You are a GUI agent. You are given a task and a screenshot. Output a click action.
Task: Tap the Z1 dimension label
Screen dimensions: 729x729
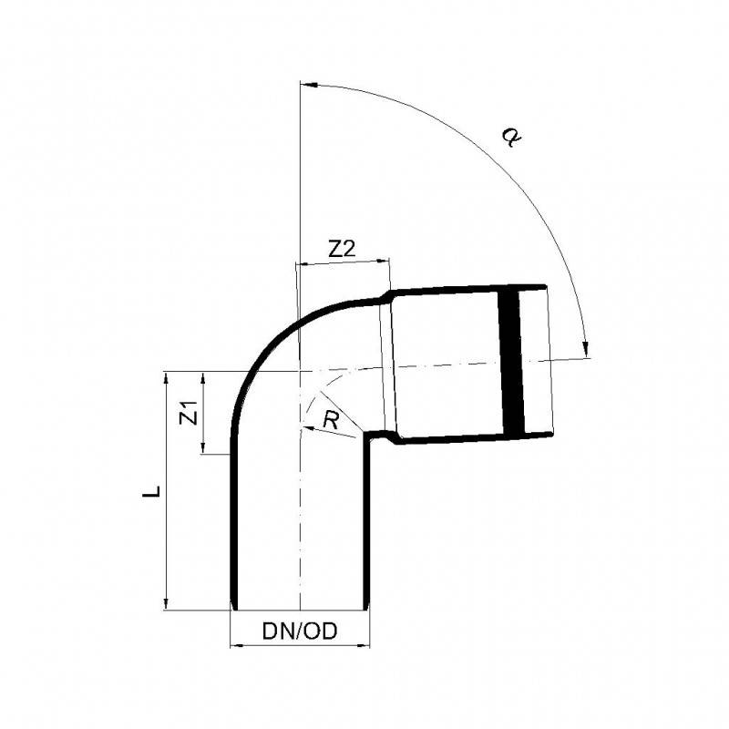(x=189, y=413)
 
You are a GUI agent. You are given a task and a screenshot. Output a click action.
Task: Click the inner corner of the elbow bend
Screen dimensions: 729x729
(x=366, y=436)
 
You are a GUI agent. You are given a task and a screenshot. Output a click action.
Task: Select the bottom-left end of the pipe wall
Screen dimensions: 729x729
(x=231, y=606)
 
